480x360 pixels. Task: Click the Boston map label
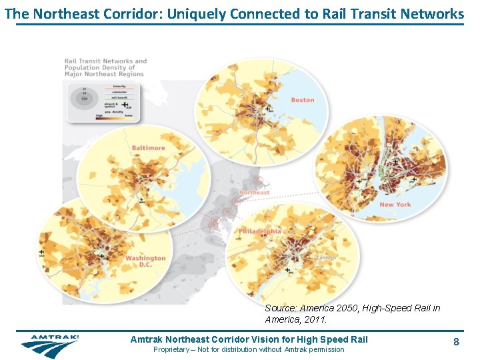tap(302, 100)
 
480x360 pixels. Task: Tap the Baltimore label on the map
tap(148, 147)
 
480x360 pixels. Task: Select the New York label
tap(395, 205)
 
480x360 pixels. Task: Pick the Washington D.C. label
tap(145, 261)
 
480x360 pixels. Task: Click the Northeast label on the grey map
tap(254, 193)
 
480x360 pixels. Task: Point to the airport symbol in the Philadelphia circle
tap(286, 269)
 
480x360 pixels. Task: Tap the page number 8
tap(456, 342)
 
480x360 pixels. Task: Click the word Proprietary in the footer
tap(171, 349)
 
